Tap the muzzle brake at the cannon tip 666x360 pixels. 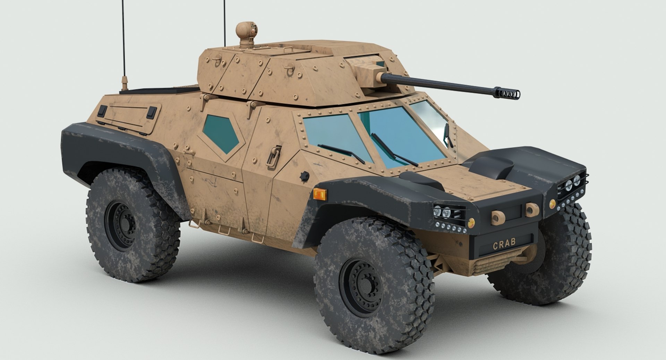point(509,92)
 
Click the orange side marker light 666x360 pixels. point(320,194)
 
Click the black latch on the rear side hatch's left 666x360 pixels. point(102,111)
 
